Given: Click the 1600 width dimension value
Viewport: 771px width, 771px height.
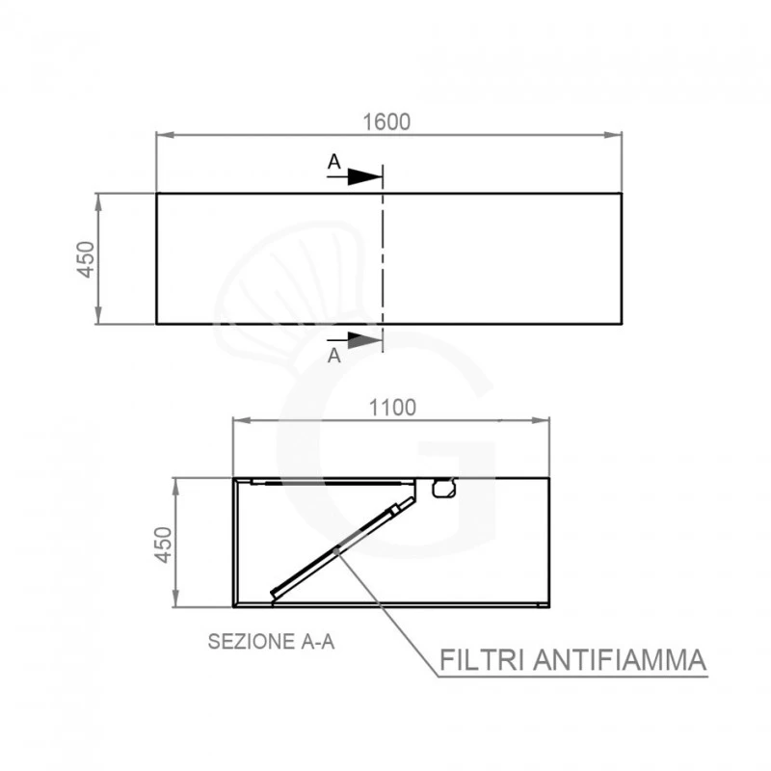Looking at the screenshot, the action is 386,122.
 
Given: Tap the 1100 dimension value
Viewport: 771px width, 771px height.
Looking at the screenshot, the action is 392,408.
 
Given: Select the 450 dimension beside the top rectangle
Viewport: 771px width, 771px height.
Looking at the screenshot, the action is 86,259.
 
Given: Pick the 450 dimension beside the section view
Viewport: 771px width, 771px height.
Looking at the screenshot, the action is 163,545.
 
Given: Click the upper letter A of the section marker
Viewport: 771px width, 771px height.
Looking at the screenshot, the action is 334,161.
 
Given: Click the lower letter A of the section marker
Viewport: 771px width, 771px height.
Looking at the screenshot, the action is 334,355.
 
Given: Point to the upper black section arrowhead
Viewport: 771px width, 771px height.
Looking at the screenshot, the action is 365,176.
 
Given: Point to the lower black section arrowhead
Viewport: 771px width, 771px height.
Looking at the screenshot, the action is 365,340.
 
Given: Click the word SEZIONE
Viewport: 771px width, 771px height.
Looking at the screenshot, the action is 252,642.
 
